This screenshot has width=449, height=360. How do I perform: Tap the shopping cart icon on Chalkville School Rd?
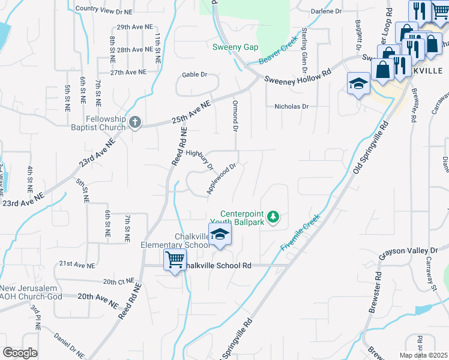(175, 260)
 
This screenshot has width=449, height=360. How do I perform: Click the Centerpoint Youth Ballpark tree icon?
(273, 215)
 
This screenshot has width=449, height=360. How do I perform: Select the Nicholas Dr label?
(291, 106)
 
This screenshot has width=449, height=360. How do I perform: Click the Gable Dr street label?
(194, 75)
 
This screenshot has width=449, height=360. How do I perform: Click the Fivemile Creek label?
(300, 233)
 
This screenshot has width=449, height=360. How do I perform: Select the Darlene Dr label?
(326, 11)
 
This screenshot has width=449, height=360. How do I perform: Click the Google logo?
(20, 353)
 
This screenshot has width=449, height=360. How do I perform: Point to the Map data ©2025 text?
(423, 355)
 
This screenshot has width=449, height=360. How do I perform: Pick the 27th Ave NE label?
(128, 72)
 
